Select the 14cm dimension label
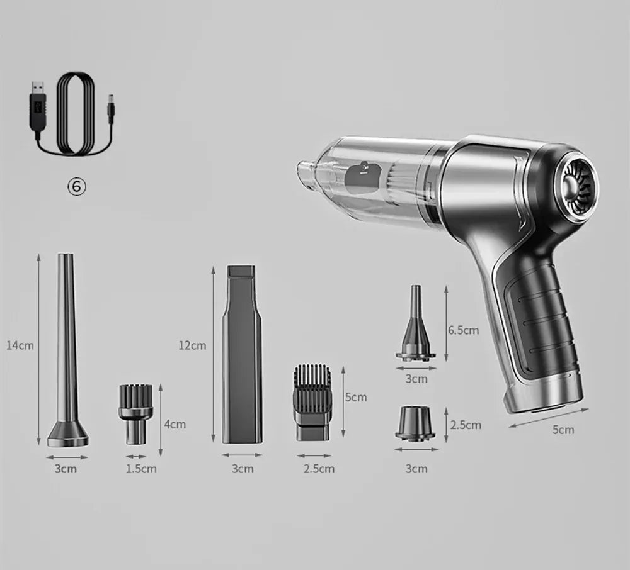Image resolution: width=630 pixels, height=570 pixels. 20,345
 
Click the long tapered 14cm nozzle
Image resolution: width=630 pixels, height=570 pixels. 67,352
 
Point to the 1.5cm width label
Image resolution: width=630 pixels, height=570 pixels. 141,468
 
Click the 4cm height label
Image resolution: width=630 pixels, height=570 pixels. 175,424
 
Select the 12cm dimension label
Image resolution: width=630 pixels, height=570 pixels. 192,345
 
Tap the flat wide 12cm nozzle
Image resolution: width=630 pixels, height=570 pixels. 241,355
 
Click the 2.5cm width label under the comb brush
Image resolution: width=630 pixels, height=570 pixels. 319,468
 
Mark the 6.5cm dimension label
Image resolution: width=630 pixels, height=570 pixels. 463,330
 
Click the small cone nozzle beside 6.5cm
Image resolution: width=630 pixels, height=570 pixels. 416,327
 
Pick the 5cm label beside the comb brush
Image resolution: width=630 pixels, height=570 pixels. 355,397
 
